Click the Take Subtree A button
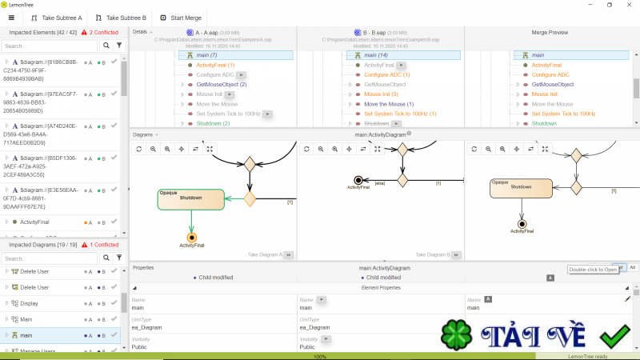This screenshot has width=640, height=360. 57,17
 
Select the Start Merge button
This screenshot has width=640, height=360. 181,17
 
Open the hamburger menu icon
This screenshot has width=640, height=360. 11,17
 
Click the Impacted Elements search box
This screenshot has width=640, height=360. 50,46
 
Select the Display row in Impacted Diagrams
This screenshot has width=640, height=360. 29,303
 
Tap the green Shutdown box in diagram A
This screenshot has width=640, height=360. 190,199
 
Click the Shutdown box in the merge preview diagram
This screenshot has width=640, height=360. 521,187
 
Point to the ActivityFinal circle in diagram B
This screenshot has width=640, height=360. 358,179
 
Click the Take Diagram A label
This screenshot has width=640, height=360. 265,254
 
